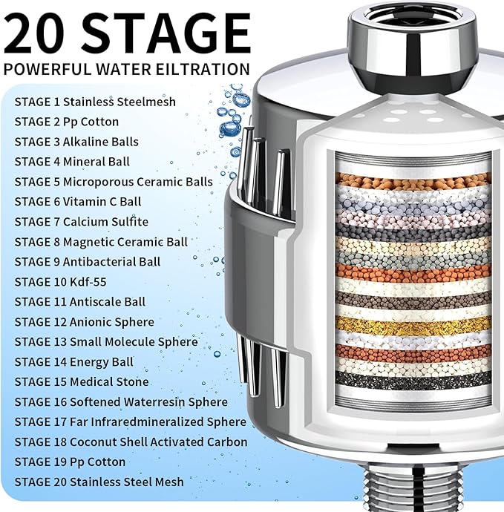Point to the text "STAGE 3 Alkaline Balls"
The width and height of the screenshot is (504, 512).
tap(76, 141)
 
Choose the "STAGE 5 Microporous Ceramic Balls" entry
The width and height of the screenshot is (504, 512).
tap(114, 181)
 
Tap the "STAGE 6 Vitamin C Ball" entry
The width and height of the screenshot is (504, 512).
tap(78, 201)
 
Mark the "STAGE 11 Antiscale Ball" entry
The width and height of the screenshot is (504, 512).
tap(80, 301)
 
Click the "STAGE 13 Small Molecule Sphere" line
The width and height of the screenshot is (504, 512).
tap(106, 341)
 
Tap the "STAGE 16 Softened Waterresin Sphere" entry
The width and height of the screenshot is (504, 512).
tap(121, 401)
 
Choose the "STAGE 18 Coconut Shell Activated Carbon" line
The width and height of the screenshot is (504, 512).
tap(131, 442)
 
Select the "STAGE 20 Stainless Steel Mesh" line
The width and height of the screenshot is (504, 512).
tap(99, 482)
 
